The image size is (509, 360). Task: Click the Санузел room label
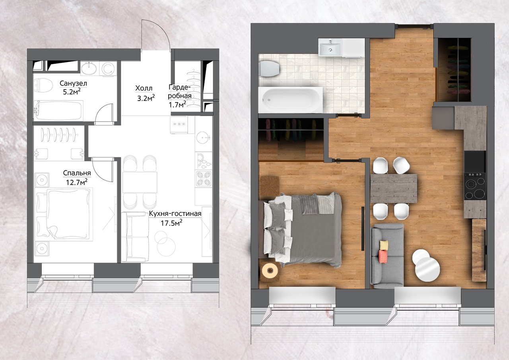(x=73, y=84)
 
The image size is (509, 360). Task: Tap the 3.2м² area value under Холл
(x=146, y=98)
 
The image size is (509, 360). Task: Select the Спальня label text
(x=77, y=173)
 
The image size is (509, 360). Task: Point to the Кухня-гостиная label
(x=175, y=214)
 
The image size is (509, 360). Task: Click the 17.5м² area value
(x=171, y=223)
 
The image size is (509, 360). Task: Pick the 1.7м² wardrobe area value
(x=177, y=104)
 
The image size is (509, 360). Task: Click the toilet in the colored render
(x=269, y=69)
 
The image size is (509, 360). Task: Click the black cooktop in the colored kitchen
(x=475, y=186)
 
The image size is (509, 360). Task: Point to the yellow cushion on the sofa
(x=384, y=245)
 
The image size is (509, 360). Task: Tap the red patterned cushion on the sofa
(x=383, y=257)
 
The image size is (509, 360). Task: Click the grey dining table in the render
(x=394, y=189)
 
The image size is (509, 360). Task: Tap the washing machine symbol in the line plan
(x=108, y=68)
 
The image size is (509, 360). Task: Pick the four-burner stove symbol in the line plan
(x=204, y=179)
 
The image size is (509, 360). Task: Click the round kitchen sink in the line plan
(x=204, y=138)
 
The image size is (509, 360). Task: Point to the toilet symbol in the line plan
(x=43, y=86)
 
